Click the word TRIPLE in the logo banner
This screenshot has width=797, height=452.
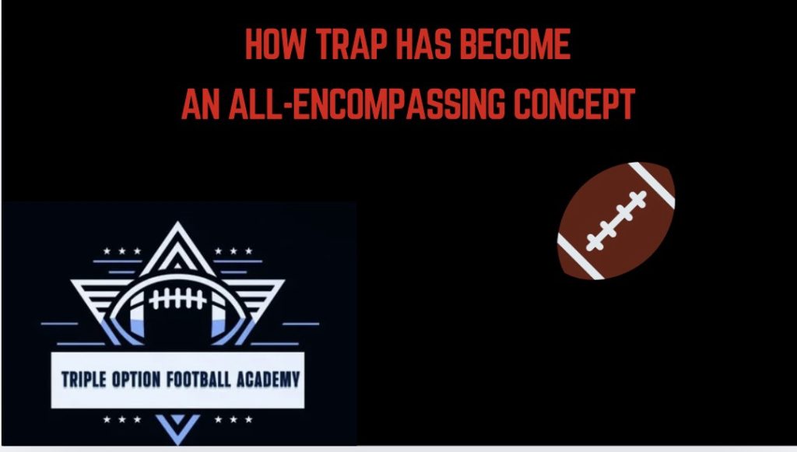click(x=86, y=380)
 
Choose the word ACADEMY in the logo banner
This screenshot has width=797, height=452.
click(x=265, y=380)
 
